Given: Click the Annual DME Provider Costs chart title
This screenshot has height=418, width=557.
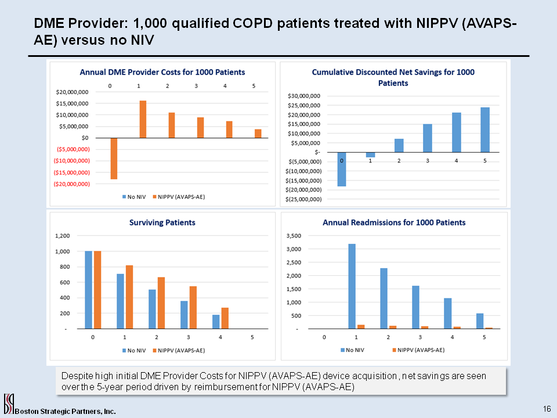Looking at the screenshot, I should (162, 73).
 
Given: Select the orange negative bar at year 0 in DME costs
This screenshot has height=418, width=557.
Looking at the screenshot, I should (114, 158).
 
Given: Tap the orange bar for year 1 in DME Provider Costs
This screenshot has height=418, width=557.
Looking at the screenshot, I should (143, 119).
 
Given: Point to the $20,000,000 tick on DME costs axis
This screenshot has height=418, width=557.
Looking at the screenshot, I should (73, 92).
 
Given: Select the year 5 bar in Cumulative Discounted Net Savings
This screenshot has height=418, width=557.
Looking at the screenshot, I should (484, 129).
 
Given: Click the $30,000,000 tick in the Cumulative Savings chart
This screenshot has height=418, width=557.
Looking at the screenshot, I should (304, 96).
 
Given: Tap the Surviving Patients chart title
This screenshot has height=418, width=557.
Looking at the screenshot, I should (162, 222).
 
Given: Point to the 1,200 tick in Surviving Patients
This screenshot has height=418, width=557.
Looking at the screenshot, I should (63, 236).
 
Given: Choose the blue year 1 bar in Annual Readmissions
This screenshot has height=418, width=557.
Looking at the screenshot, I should (352, 286).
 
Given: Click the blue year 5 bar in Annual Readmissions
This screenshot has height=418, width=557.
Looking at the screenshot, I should (480, 321).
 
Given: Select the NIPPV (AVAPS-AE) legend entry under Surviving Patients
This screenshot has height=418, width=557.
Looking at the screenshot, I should (179, 350).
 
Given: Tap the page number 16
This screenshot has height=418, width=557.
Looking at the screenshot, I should (547, 409).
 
